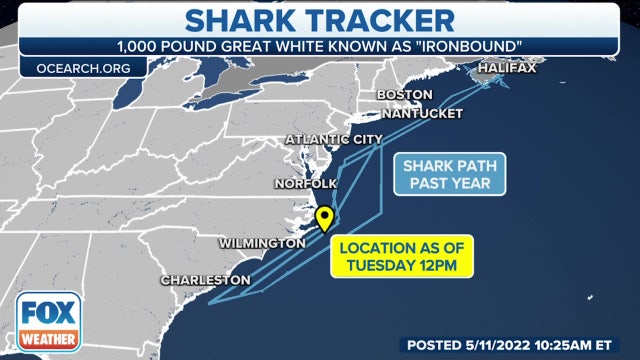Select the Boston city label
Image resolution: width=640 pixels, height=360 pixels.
click(404, 95)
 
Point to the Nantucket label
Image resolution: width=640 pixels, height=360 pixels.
click(420, 113)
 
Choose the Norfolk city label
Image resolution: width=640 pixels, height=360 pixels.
click(306, 184)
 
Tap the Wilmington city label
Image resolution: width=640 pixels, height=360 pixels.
click(262, 244)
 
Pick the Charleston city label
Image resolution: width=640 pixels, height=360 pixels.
click(205, 279)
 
